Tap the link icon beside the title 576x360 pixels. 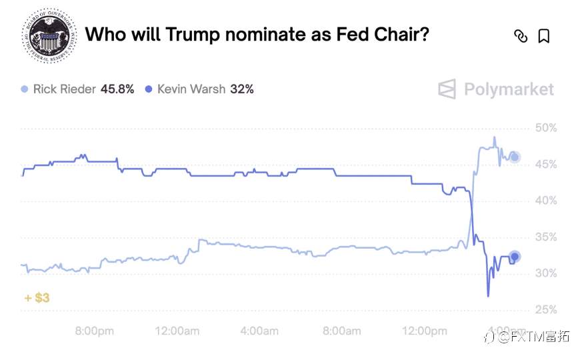pyautogui.click(x=520, y=36)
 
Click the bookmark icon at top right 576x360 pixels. pyautogui.click(x=543, y=36)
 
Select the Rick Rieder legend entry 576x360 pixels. pyautogui.click(x=64, y=89)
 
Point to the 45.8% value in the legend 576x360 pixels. pyautogui.click(x=117, y=89)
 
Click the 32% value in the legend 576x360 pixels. pyautogui.click(x=241, y=89)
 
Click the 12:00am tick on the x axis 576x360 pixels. pyautogui.click(x=176, y=331)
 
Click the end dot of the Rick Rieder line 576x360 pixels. pyautogui.click(x=514, y=157)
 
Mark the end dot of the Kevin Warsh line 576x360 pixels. pyautogui.click(x=514, y=257)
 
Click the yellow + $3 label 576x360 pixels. pyautogui.click(x=37, y=298)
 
